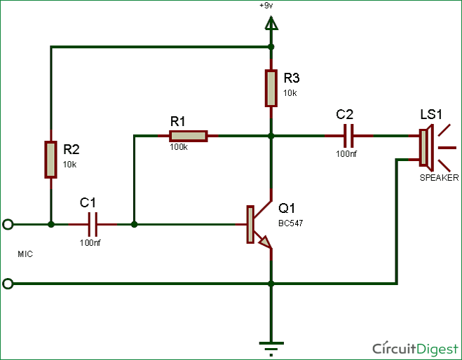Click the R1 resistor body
coord(189,136)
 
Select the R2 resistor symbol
coord(51,159)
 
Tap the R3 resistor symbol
coord(271,88)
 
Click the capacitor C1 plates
coord(93,225)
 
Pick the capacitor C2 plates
coord(348,136)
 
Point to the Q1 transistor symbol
coord(257,225)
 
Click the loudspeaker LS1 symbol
coord(426,148)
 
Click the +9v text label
coord(266,6)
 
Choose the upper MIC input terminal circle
coord(8,225)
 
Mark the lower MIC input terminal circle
coord(8,284)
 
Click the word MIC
coord(25,254)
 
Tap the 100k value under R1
coord(178,148)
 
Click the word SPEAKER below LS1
coord(439,178)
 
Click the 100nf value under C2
coord(346,153)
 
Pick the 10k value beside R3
coord(290,93)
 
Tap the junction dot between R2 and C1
coord(51,225)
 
